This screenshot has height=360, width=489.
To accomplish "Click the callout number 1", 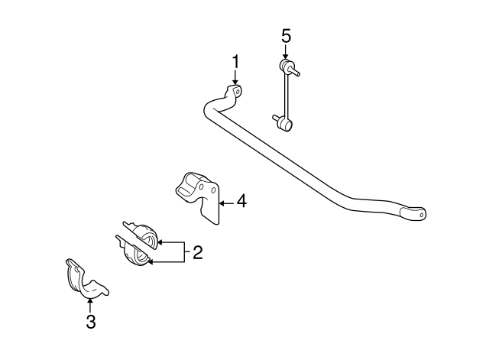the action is click(x=236, y=62).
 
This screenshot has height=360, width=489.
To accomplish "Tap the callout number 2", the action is click(x=198, y=252).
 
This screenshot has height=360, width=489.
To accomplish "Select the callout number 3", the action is click(x=91, y=322).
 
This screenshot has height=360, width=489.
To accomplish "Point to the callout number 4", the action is click(x=241, y=201).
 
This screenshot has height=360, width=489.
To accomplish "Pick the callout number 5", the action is click(x=287, y=36).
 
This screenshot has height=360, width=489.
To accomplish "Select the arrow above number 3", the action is click(x=90, y=305).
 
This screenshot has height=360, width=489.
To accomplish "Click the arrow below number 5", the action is click(x=285, y=51).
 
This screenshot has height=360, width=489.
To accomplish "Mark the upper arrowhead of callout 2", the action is click(x=160, y=242).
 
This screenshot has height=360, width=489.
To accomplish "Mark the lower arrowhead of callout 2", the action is click(x=150, y=262).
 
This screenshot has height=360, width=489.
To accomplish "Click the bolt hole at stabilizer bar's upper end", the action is click(x=237, y=92).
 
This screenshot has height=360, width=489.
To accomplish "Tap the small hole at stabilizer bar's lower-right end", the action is click(x=421, y=215).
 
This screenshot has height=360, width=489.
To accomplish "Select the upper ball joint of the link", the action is click(x=286, y=65).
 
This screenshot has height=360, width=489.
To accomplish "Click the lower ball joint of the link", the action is click(x=287, y=125).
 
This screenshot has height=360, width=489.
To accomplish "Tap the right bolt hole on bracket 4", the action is click(x=214, y=190).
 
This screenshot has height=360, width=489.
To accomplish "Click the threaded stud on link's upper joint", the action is click(x=296, y=73).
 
